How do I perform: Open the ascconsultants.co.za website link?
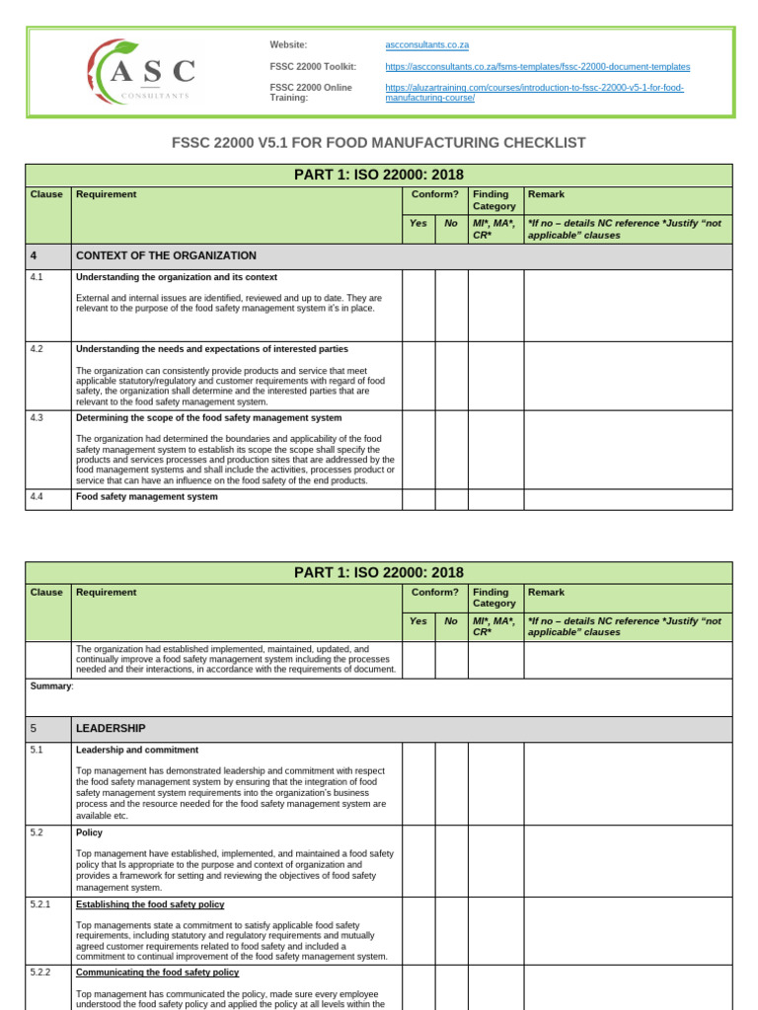pos(426,45)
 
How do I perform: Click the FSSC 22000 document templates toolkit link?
pos(537,66)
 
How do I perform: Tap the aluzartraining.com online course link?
pos(534,93)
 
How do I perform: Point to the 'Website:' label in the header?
pos(288,45)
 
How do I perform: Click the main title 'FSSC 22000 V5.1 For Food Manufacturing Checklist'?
pos(379,143)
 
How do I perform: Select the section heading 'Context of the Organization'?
pos(166,255)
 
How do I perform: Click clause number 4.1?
pos(38,278)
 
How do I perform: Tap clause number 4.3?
pos(38,418)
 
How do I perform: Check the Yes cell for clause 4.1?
pos(418,305)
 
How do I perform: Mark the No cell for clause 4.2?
pos(451,375)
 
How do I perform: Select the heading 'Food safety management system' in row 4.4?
pos(147,497)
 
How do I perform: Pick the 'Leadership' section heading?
pos(111,729)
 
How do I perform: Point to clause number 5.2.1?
pos(40,904)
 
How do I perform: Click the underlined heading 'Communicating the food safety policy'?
pos(157,973)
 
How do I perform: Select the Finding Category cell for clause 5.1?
pos(495,783)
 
